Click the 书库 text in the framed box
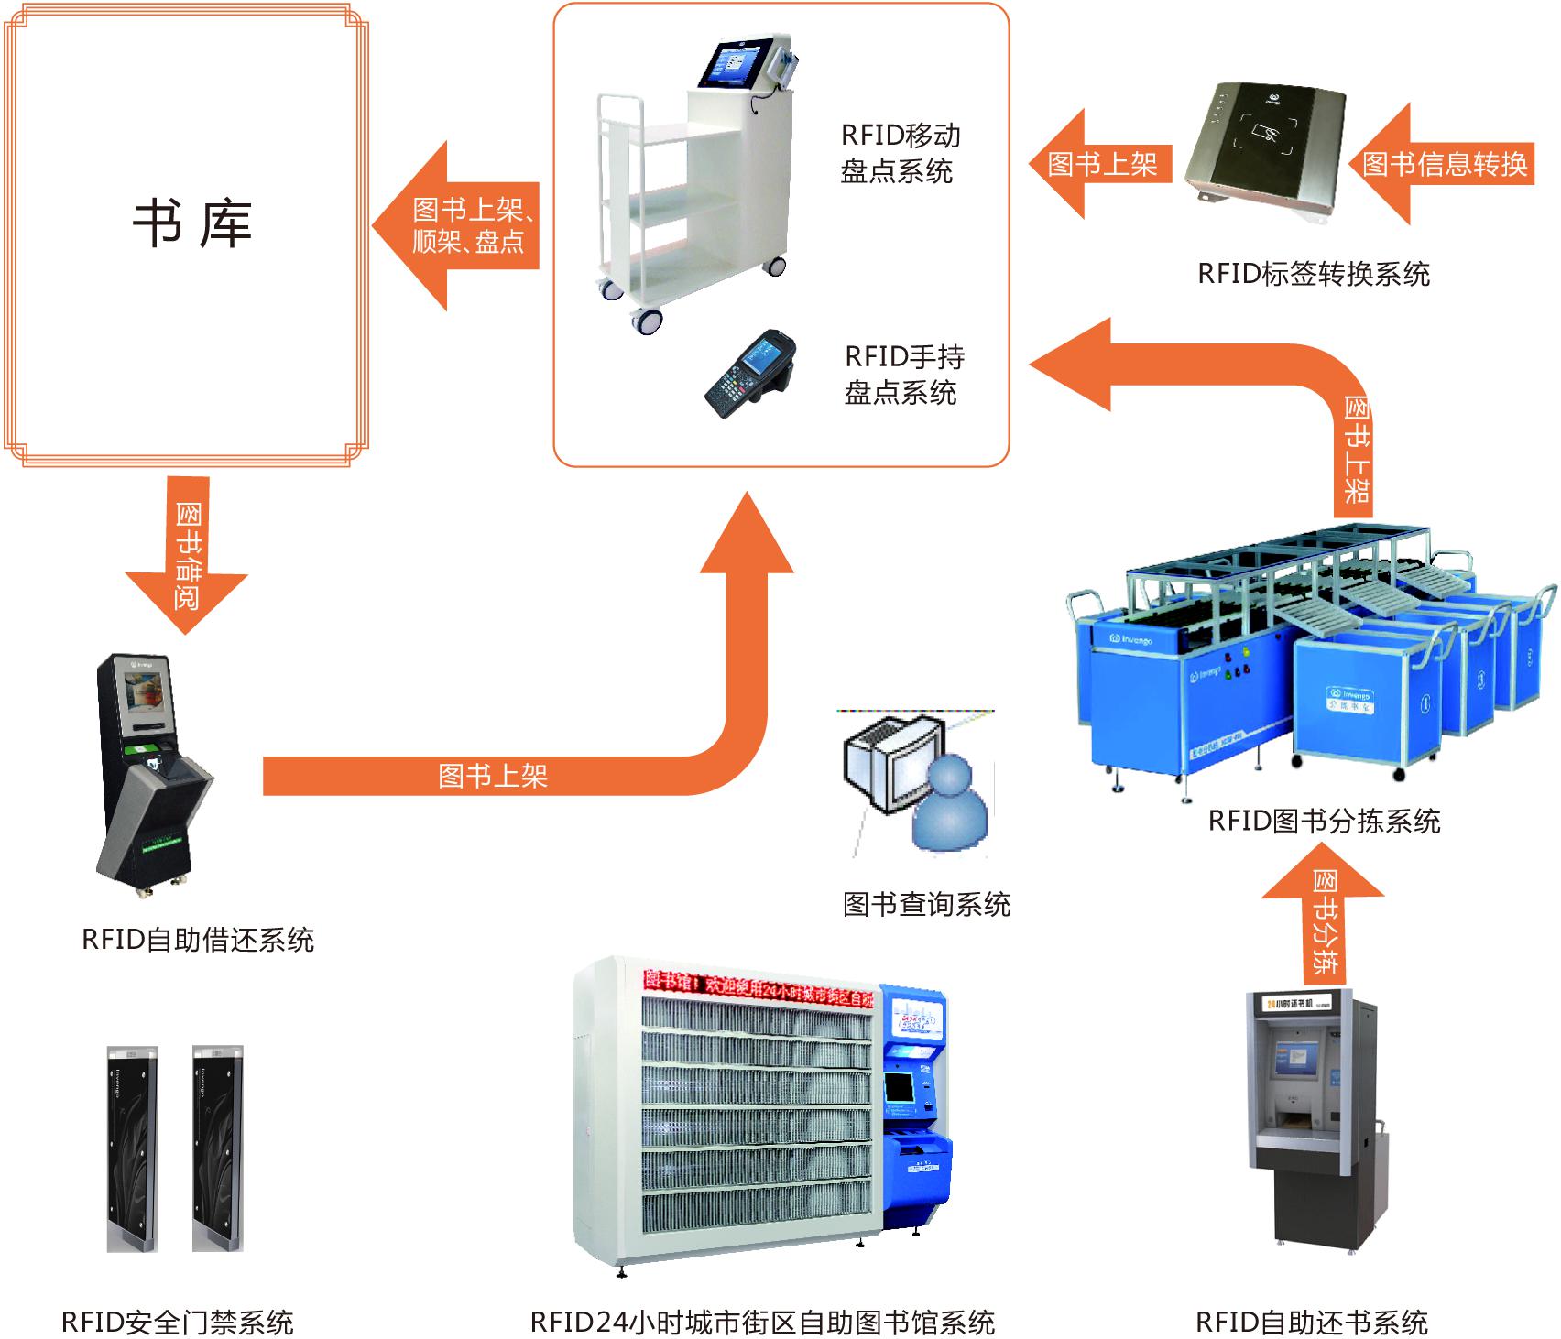[x=191, y=223]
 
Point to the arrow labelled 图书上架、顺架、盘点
[x=458, y=225]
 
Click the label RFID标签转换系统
[x=1313, y=274]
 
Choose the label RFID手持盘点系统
[x=902, y=375]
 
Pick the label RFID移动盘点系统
[x=900, y=153]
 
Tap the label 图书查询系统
[x=926, y=905]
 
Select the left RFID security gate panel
[x=133, y=1148]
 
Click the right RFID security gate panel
[x=217, y=1148]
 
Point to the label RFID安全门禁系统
[x=177, y=1322]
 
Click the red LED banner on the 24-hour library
[x=757, y=985]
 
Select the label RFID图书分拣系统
[x=1324, y=821]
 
